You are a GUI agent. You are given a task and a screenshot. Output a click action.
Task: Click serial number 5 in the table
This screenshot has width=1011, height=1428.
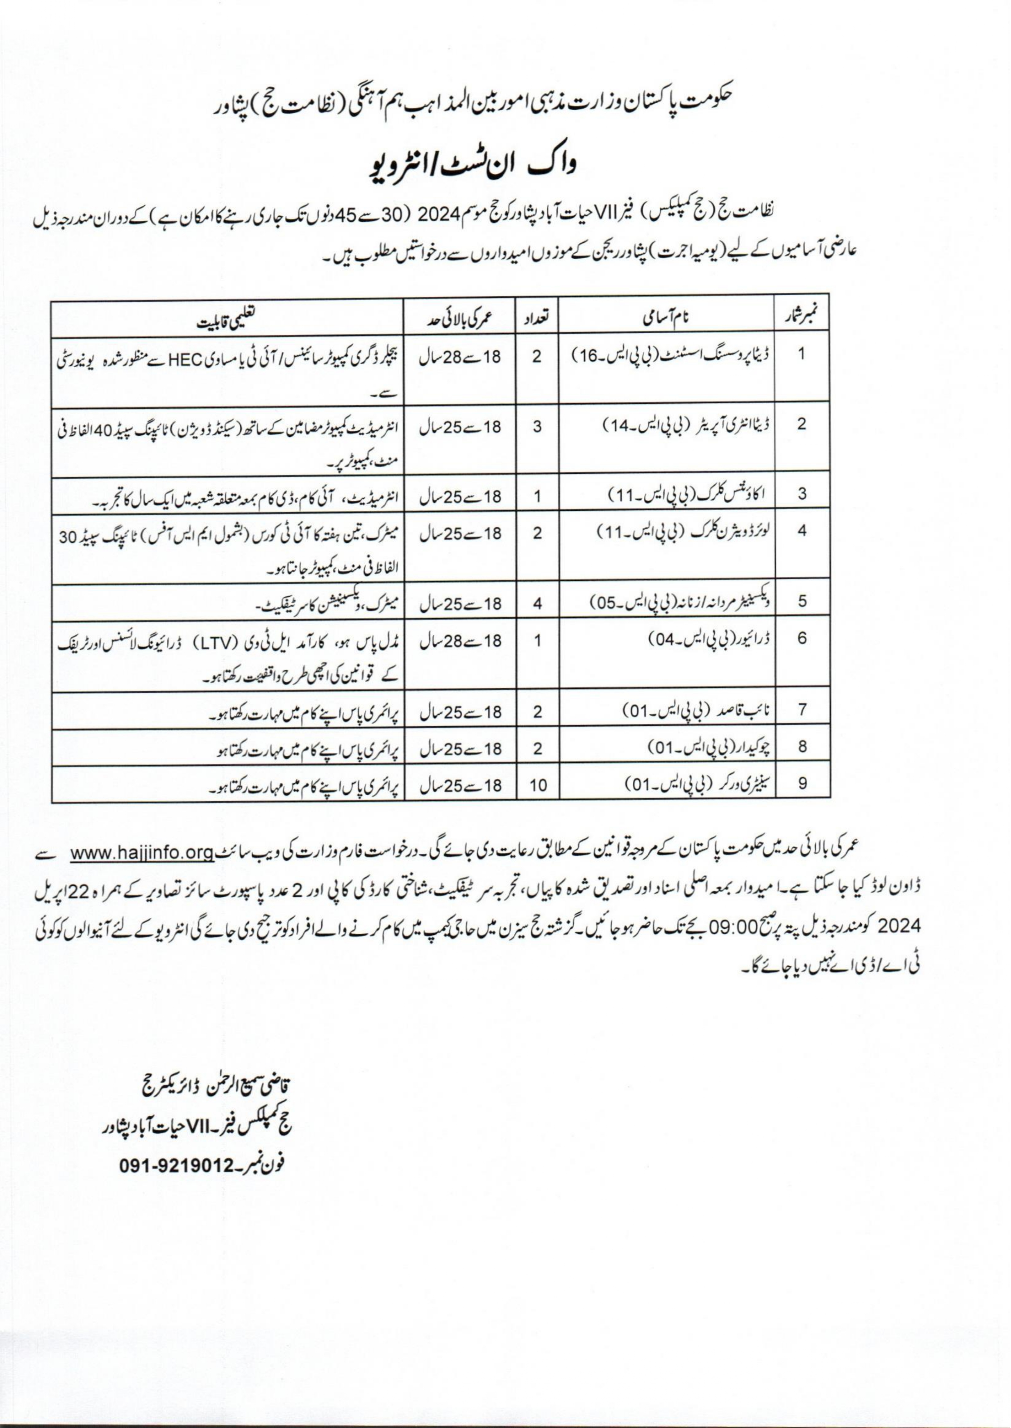pos(802,601)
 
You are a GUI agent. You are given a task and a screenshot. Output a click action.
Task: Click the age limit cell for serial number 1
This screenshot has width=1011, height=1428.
pos(461,357)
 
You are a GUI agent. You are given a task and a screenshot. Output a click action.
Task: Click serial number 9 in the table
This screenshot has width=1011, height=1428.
pos(802,784)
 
